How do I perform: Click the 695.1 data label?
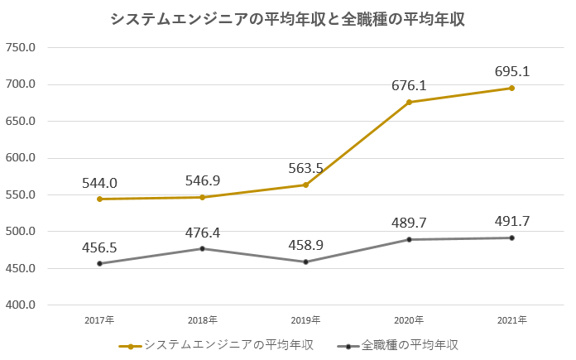click(x=511, y=71)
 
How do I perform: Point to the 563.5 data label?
click(x=305, y=168)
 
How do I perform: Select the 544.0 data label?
click(x=99, y=183)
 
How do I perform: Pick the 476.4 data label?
click(x=203, y=233)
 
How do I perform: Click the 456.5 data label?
click(x=99, y=247)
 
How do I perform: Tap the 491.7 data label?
click(x=511, y=222)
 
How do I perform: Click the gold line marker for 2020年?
click(x=409, y=103)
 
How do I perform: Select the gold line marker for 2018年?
click(x=203, y=197)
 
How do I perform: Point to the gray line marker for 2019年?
click(x=305, y=262)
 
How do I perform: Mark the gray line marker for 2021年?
click(x=511, y=238)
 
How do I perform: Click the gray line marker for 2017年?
click(x=99, y=264)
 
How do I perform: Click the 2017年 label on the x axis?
click(x=99, y=319)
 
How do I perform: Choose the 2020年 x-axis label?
click(x=409, y=319)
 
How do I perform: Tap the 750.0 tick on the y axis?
click(x=21, y=47)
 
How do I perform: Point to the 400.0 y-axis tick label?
click(x=21, y=305)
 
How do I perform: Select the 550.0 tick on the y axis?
click(x=21, y=195)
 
